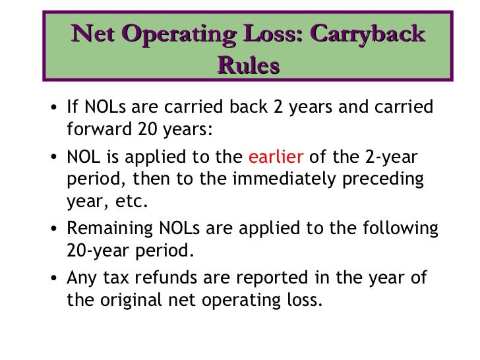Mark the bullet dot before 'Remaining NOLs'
click(x=55, y=229)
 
